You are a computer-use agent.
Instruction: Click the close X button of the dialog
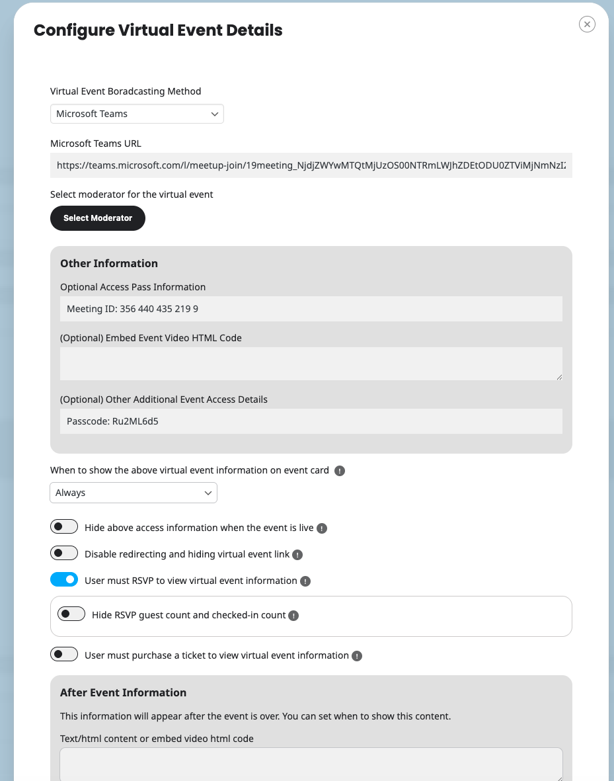[587, 24]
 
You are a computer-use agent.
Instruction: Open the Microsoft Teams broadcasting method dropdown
[137, 114]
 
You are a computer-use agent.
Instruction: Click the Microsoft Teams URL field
[311, 165]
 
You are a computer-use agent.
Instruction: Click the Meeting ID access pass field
[311, 309]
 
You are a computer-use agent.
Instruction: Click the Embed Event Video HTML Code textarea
[311, 364]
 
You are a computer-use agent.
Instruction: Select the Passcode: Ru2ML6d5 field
[311, 421]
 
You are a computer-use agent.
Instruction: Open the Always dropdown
[133, 493]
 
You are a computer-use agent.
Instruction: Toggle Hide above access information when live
[64, 527]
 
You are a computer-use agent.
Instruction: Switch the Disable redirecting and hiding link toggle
[64, 554]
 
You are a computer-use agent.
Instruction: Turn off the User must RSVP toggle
[64, 580]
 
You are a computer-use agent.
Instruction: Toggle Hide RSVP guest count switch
[71, 614]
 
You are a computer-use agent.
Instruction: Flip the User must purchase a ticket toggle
[64, 655]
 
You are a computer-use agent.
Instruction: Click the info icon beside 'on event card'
[340, 471]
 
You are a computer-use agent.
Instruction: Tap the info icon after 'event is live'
[322, 528]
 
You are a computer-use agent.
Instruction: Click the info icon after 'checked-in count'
[293, 616]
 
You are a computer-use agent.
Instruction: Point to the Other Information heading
[109, 263]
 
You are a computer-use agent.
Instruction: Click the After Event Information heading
[123, 692]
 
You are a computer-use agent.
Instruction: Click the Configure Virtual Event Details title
[158, 30]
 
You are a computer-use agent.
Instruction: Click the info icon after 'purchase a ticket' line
[357, 656]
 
